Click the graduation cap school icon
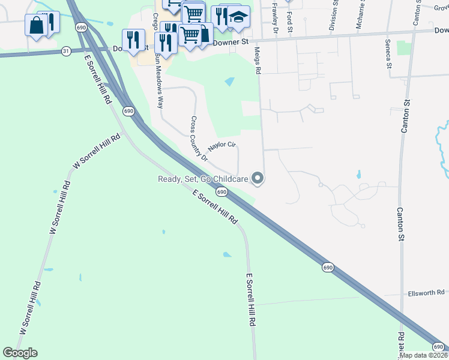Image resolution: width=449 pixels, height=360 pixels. (238, 17)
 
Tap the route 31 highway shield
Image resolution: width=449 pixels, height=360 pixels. (65, 52)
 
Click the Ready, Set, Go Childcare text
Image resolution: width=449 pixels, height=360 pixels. (203, 179)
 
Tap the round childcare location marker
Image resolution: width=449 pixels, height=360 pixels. (258, 178)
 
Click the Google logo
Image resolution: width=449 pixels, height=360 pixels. (20, 353)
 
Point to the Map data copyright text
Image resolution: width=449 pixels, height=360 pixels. (424, 355)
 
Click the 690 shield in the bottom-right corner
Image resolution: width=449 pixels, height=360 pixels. (439, 347)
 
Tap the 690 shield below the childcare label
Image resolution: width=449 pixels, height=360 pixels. (221, 191)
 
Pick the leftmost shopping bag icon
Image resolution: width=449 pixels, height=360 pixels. (36, 25)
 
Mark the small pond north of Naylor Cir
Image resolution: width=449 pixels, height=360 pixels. (230, 81)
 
